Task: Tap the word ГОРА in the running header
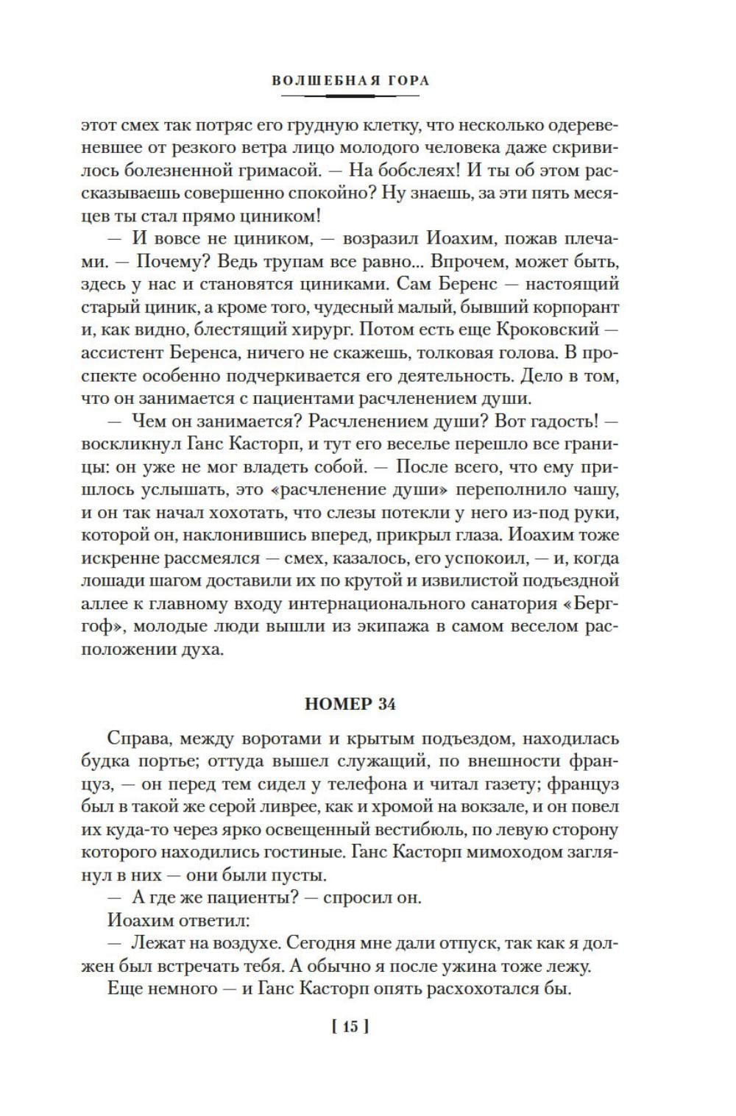coord(404,80)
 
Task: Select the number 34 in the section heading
coord(386,704)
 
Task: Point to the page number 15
coord(350,1026)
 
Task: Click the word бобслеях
coord(411,171)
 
